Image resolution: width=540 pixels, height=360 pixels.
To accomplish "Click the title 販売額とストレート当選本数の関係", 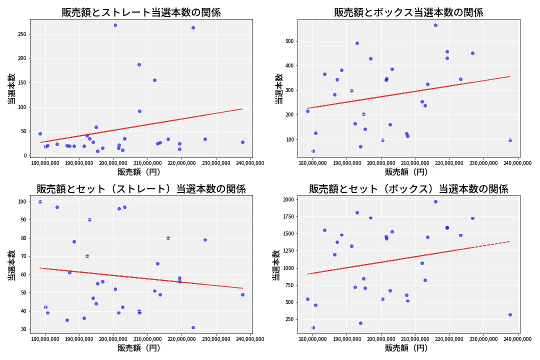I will pyautogui.click(x=141, y=12).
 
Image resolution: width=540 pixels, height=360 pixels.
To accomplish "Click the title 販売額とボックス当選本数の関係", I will pyautogui.click(x=408, y=12).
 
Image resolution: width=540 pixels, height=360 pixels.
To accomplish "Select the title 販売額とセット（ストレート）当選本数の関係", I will pyautogui.click(x=141, y=189).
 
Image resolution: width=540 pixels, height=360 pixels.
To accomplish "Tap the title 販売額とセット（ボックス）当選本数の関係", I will pyautogui.click(x=408, y=189).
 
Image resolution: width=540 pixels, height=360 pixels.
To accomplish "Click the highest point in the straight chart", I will pyautogui.click(x=115, y=25).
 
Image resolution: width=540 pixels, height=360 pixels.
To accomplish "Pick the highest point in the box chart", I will pyautogui.click(x=435, y=25).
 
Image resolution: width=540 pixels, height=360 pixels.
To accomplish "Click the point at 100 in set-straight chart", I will pyautogui.click(x=40, y=201).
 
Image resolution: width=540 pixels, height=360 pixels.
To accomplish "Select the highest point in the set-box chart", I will pyautogui.click(x=435, y=201).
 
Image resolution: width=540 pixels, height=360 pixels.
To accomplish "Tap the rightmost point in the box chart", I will pyautogui.click(x=510, y=140).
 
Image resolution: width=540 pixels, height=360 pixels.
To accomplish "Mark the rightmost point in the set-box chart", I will pyautogui.click(x=510, y=314).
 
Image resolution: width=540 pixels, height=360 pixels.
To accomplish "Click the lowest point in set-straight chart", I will pyautogui.click(x=193, y=327).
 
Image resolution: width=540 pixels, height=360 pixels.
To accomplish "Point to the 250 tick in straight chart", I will pyautogui.click(x=22, y=34).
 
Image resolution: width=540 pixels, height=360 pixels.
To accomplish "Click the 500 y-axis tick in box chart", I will pyautogui.click(x=290, y=41).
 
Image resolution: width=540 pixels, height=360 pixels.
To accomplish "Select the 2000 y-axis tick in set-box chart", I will pyautogui.click(x=289, y=199).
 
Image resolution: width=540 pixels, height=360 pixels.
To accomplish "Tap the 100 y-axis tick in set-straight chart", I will pyautogui.click(x=22, y=201).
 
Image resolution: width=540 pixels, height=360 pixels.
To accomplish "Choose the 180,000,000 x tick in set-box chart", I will pyautogui.click(x=312, y=339).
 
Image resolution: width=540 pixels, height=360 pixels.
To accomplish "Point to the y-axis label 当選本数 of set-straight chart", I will pyautogui.click(x=11, y=265).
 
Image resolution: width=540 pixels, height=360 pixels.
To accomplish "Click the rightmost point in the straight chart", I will pyautogui.click(x=242, y=142).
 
